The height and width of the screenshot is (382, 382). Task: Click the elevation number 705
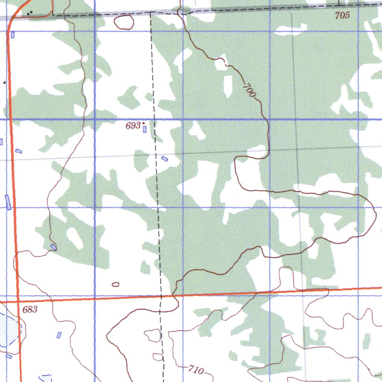coord(342,15)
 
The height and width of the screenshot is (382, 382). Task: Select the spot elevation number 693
coord(133,126)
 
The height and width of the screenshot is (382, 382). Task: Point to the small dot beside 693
coord(143,123)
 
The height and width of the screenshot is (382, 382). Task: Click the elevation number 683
coord(30,309)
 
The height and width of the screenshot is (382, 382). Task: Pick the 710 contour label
coord(196,370)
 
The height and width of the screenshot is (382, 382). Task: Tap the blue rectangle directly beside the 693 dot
coord(144,129)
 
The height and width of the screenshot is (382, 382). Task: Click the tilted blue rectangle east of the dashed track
coord(165,159)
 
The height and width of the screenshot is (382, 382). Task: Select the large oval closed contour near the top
coord(124,22)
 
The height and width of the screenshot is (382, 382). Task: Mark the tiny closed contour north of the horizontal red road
coord(116,285)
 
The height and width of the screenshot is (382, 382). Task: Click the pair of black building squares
coord(31,13)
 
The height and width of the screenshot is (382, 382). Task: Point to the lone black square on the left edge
coord(4,82)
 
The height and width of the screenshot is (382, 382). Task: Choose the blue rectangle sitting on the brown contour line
coord(54,247)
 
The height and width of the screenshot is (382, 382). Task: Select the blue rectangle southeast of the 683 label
coord(59,335)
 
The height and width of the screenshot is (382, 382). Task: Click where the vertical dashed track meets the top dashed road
coord(151,12)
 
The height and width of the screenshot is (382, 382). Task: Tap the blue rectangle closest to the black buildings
coord(13,35)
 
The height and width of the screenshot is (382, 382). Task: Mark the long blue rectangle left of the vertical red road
coord(8,202)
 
